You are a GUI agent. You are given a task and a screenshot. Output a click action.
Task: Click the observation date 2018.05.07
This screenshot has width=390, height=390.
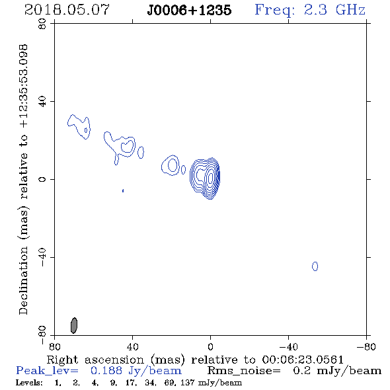[x=67, y=10]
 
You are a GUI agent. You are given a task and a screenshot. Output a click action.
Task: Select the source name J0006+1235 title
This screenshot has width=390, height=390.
[x=189, y=11]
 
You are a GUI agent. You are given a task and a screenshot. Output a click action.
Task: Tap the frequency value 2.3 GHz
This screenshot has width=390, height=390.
[x=334, y=10]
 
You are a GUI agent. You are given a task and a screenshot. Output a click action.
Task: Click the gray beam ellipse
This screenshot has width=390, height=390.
[x=74, y=325]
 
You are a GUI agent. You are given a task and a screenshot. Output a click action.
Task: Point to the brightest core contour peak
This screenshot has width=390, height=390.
[x=211, y=178]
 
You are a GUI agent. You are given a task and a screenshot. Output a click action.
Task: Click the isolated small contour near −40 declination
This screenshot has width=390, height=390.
[x=315, y=266]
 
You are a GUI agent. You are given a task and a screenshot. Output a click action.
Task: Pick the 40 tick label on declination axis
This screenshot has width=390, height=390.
[x=42, y=102]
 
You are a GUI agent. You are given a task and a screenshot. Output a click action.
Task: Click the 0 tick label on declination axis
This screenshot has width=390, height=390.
[x=42, y=179]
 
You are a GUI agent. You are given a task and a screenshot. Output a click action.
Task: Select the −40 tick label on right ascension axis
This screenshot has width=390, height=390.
[x=288, y=346]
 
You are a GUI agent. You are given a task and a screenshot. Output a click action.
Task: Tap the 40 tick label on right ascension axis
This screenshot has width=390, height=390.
[x=132, y=346]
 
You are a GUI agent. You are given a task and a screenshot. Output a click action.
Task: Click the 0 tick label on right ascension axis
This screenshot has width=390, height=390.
[x=210, y=346]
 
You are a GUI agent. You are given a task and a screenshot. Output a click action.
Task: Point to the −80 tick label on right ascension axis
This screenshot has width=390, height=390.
[x=366, y=346]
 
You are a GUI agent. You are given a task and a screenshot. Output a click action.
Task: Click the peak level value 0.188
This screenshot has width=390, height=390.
[x=106, y=370]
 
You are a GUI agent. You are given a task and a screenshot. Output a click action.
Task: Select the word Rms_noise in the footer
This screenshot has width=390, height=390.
[x=243, y=371]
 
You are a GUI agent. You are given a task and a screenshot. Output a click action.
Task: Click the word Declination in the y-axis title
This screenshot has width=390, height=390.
[x=23, y=280]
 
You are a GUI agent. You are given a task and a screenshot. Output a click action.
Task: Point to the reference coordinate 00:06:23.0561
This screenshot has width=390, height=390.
[x=303, y=360]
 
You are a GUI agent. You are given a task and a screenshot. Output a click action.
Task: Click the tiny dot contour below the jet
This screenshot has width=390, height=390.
[x=123, y=191]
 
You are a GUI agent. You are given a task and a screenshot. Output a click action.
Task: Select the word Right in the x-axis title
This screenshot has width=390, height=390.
[x=62, y=360]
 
